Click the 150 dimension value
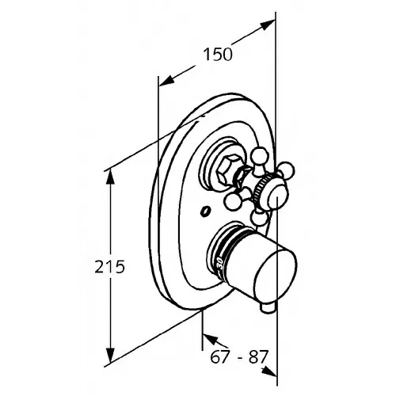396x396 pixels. click(x=218, y=55)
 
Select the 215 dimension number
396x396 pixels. click(x=109, y=267)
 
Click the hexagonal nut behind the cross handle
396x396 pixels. click(x=229, y=169)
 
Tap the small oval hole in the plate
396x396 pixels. click(x=205, y=211)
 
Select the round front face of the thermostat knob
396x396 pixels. click(x=276, y=276)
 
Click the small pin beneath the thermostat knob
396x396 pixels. click(x=268, y=308)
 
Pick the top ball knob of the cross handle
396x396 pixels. click(x=259, y=156)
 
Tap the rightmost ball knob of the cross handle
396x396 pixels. click(x=286, y=169)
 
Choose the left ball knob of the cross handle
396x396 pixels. click(x=232, y=202)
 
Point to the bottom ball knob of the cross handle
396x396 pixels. click(x=259, y=218)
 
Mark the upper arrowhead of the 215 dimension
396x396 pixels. click(x=110, y=177)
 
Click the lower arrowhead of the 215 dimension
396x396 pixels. click(x=110, y=355)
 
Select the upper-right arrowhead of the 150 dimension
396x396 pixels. click(x=267, y=25)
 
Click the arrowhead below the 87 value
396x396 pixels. click(x=269, y=371)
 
